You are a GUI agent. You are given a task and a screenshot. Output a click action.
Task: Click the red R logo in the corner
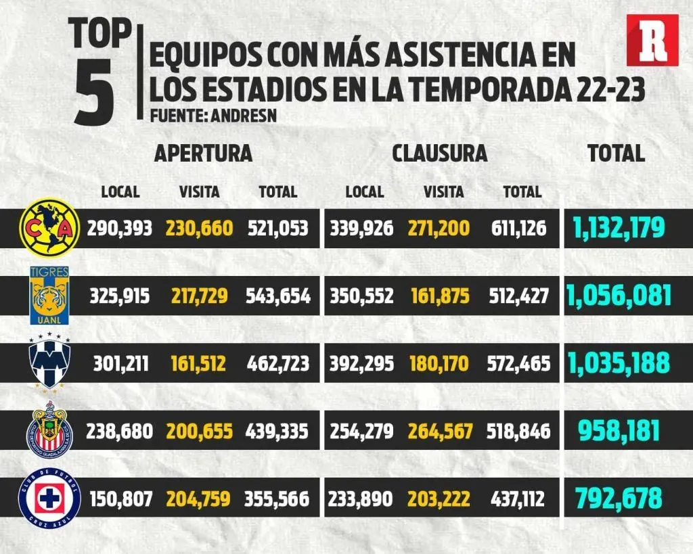652,40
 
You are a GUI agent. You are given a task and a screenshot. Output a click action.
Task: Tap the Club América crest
47,227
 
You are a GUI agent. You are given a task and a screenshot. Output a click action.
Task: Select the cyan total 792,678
618,499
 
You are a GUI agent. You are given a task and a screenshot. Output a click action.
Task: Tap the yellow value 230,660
199,228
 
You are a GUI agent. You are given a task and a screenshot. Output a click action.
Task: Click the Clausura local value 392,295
361,365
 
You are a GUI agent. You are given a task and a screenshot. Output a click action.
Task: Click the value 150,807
120,500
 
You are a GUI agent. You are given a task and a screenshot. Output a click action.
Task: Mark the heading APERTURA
203,153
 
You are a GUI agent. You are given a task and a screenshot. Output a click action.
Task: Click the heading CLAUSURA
439,153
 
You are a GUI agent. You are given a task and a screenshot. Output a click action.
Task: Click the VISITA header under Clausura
443,192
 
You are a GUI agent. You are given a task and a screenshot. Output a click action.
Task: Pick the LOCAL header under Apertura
120,192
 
